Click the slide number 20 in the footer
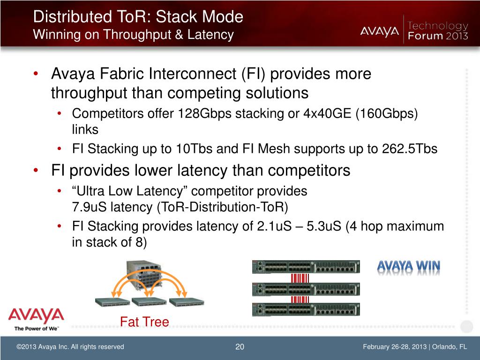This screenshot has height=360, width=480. pos(240,347)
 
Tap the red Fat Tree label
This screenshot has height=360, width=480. pos(144,322)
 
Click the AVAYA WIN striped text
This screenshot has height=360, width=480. pos(409,267)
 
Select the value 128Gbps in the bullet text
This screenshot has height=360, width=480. pos(203,114)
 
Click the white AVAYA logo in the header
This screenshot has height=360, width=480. pos(380,31)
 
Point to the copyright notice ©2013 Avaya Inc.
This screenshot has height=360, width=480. pos(70,347)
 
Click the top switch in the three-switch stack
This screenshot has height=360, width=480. pos(306,267)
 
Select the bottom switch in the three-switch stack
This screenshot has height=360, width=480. pos(306,309)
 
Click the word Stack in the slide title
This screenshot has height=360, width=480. pos(175,17)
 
